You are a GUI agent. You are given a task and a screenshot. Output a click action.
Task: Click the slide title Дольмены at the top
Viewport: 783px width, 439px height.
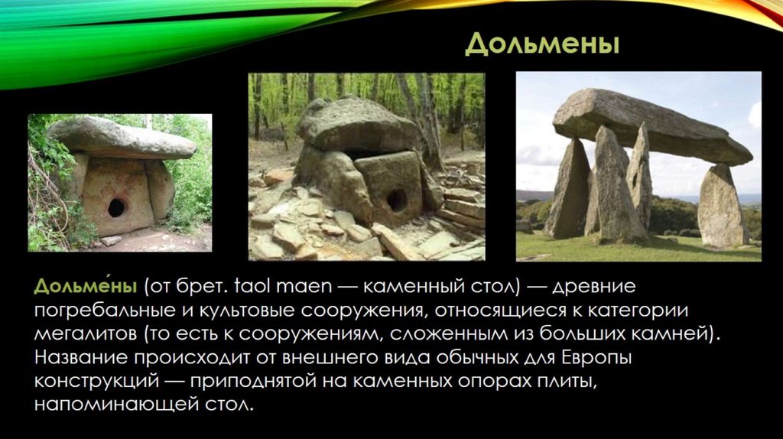(x=542, y=44)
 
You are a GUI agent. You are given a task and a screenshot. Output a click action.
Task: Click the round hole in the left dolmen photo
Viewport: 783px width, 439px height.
(x=116, y=207)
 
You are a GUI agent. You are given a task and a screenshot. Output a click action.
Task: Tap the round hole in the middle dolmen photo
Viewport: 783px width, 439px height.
(x=397, y=200)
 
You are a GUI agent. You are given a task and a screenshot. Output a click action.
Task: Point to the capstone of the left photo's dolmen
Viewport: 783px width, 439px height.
(x=123, y=137)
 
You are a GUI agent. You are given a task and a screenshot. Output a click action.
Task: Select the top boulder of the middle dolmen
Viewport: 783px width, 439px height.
(x=358, y=125)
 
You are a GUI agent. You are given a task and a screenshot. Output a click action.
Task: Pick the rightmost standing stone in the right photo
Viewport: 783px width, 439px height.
(x=723, y=206)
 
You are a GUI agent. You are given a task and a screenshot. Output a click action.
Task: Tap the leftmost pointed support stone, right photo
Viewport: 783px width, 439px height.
(x=568, y=190)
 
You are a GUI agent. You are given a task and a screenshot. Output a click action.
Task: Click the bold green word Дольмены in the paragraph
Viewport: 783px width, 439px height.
(x=86, y=286)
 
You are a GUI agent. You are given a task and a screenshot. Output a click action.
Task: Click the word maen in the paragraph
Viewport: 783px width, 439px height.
(x=304, y=288)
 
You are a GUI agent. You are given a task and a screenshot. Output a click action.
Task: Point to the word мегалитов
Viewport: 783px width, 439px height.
(x=86, y=333)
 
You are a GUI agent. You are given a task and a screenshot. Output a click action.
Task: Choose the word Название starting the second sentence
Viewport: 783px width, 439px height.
(x=80, y=358)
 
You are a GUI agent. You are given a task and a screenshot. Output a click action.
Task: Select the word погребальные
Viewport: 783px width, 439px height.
(x=102, y=311)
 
